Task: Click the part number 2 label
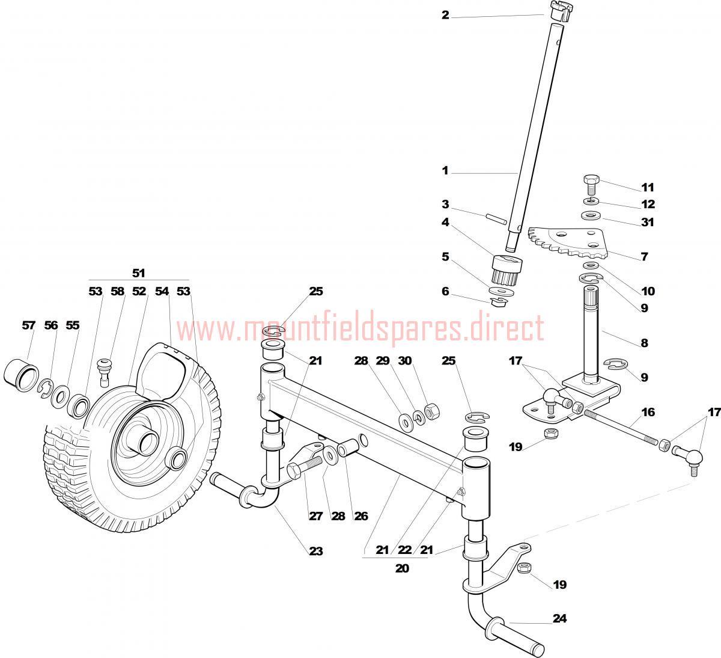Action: (x=445, y=15)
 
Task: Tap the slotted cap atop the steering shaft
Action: (x=561, y=11)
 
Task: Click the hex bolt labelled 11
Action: (x=590, y=184)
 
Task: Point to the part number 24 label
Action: (x=559, y=618)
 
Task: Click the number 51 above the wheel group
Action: (x=139, y=273)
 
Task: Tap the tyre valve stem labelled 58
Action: (x=104, y=372)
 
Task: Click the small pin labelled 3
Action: (x=496, y=218)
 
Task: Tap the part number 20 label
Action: (x=402, y=568)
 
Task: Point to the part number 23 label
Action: (x=316, y=551)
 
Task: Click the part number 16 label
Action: (x=648, y=412)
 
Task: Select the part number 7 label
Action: (x=645, y=257)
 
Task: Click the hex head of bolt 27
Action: (x=294, y=471)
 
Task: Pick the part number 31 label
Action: (x=648, y=222)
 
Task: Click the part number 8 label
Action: (x=645, y=343)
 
